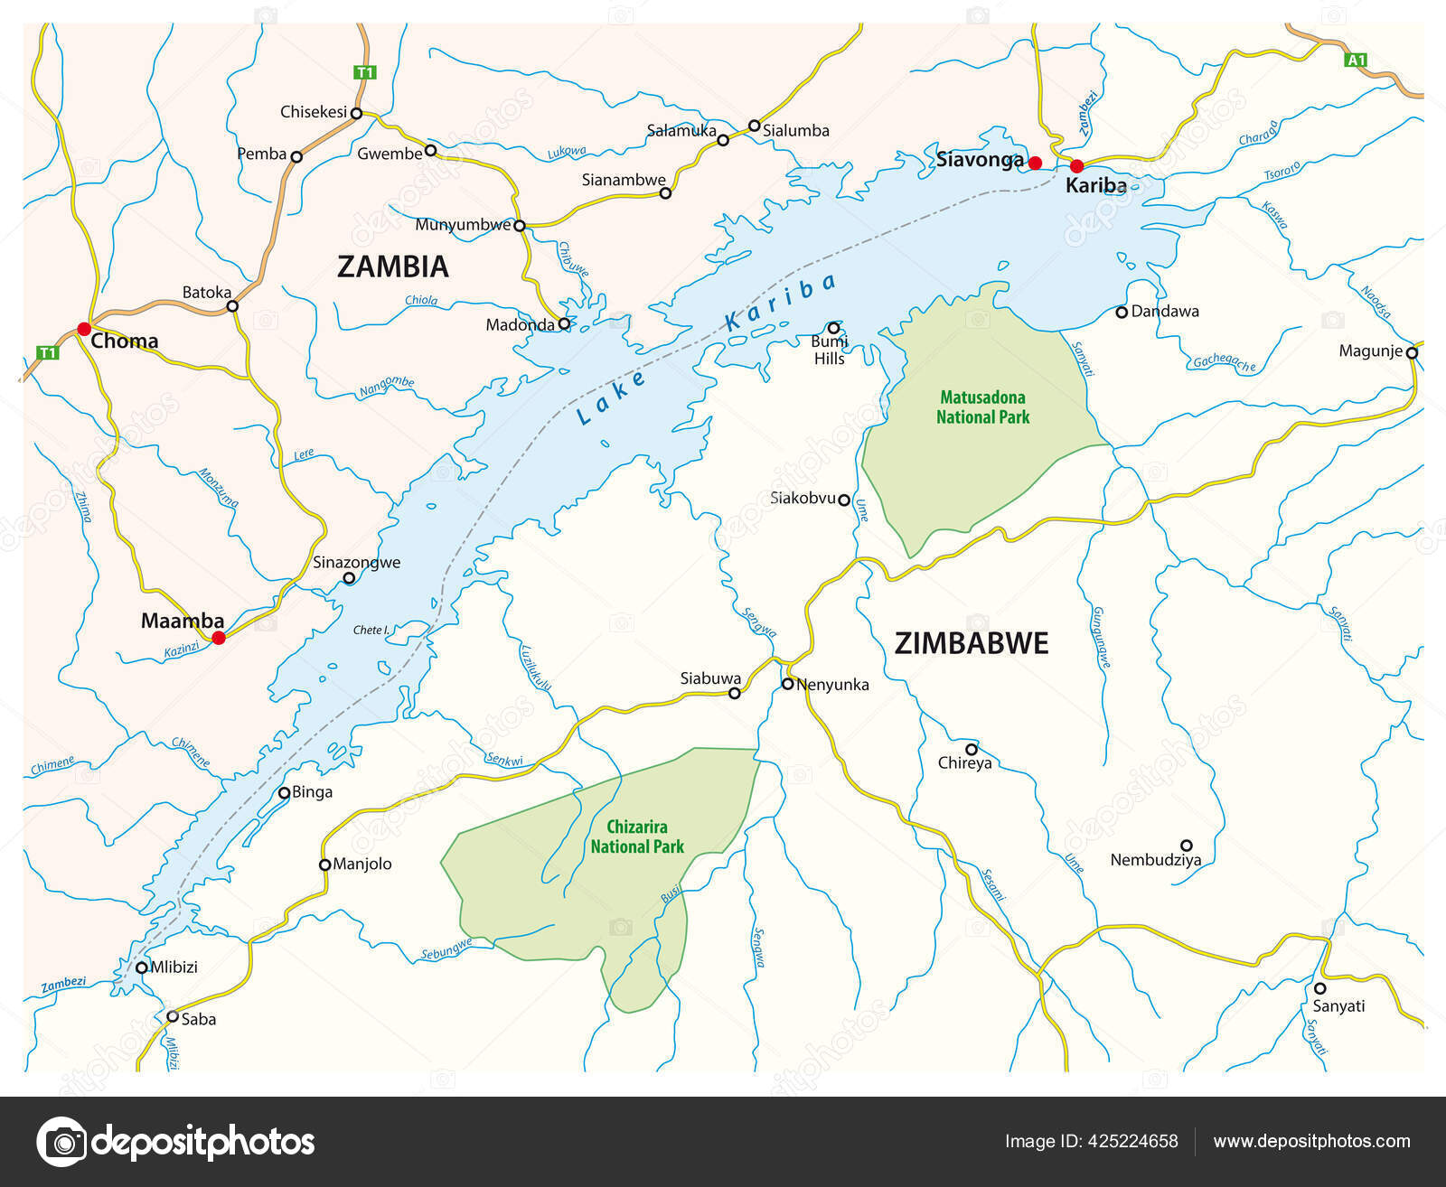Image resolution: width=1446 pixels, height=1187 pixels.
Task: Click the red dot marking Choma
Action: click(84, 328)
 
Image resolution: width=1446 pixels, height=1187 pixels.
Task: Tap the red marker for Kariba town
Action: click(1076, 166)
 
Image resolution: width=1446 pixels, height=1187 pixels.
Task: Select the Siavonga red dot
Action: click(1036, 163)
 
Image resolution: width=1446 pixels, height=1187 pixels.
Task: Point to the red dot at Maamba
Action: click(218, 638)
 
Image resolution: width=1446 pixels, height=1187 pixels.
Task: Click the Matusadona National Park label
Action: click(982, 407)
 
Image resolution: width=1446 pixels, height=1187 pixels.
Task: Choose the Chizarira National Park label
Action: click(637, 837)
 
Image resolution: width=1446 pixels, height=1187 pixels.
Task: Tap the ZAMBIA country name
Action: click(392, 266)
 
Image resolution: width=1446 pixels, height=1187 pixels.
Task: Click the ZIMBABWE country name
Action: click(972, 643)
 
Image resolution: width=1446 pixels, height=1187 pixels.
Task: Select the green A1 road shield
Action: click(1356, 61)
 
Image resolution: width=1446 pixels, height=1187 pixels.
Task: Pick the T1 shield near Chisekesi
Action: click(364, 72)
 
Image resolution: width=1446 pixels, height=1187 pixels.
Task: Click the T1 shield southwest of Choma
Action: click(47, 352)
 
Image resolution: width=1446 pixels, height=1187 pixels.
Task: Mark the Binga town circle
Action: click(284, 793)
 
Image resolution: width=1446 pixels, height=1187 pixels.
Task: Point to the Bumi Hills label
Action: click(829, 350)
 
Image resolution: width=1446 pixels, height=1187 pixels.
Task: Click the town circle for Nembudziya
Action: click(1187, 846)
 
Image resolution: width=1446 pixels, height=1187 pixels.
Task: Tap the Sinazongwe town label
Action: click(356, 562)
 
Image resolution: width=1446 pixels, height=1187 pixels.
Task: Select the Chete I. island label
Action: click(371, 630)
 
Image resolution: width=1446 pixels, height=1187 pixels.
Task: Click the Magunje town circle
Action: click(1412, 352)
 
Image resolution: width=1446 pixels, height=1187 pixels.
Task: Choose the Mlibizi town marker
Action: click(142, 967)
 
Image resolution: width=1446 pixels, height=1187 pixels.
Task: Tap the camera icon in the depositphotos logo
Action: click(61, 1142)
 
